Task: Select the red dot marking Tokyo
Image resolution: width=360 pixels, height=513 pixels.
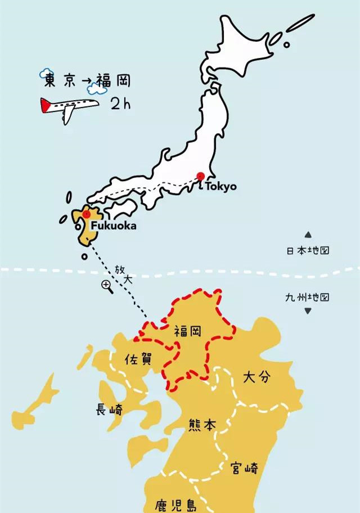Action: click(x=200, y=177)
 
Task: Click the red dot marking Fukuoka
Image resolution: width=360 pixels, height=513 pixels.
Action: click(x=86, y=214)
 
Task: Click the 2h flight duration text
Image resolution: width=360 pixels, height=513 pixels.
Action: click(x=121, y=104)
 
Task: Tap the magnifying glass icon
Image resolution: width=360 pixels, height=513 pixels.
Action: click(x=106, y=286)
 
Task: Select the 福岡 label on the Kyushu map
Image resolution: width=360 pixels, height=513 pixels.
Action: click(x=188, y=331)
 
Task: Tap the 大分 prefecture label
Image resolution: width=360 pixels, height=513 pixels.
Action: click(x=256, y=377)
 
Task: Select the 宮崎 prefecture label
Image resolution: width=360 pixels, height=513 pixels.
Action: click(x=244, y=467)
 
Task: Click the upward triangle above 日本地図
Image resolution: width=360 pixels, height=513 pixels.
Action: click(x=308, y=235)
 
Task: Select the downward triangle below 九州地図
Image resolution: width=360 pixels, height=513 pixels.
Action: click(x=308, y=311)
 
